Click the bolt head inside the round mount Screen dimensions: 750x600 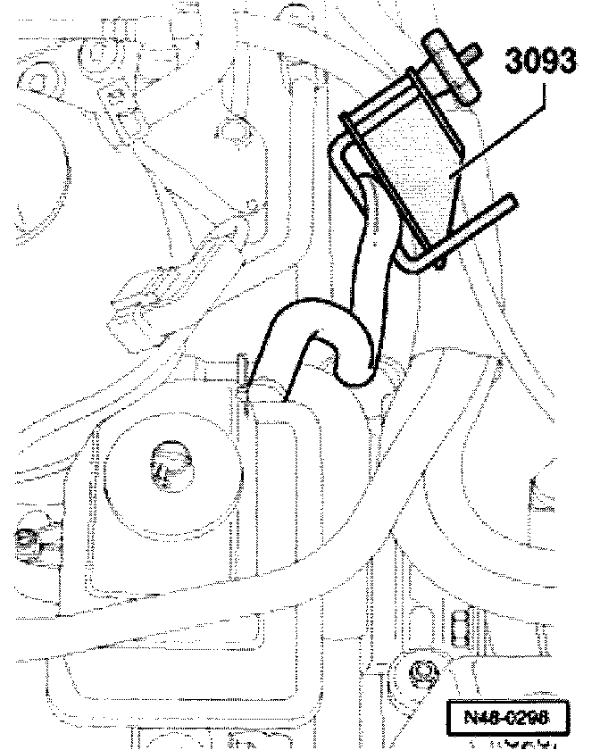(168, 464)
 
